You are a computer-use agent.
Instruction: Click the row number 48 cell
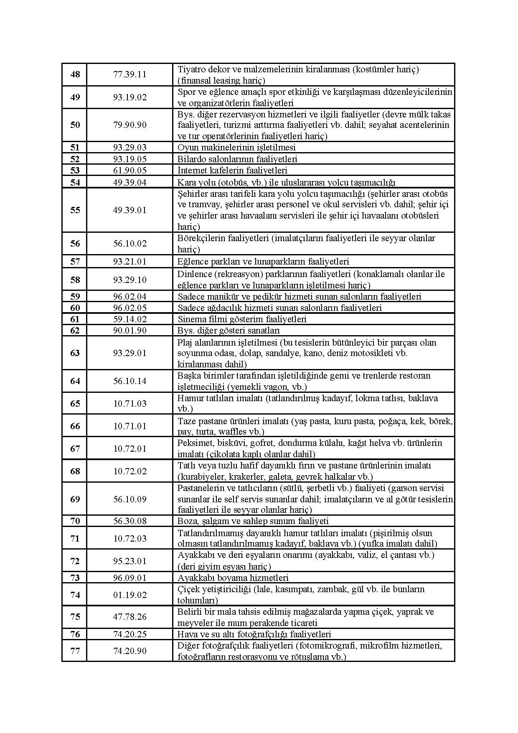pos(75,75)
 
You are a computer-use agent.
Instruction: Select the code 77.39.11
pos(130,75)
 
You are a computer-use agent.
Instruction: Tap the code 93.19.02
pos(130,97)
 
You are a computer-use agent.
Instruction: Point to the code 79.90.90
pos(130,125)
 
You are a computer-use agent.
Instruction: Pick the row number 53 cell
pos(75,170)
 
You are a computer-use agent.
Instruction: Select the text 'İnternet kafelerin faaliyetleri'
pos(232,170)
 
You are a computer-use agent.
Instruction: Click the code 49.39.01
pos(130,210)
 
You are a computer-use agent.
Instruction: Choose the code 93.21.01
pos(130,262)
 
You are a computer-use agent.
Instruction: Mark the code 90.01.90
pos(130,331)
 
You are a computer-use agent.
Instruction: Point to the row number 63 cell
pos(75,353)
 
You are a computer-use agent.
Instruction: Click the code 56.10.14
pos(130,381)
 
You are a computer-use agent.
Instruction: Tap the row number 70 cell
pos(75,521)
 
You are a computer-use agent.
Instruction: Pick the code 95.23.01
pos(130,561)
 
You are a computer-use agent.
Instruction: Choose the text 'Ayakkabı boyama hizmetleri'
pos(233,578)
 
